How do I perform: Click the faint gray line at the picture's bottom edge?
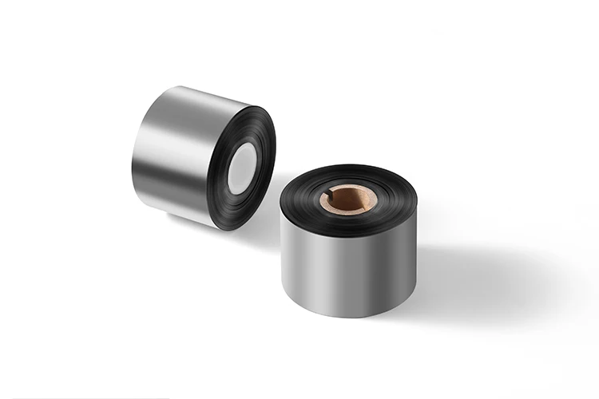tap(80, 397)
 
